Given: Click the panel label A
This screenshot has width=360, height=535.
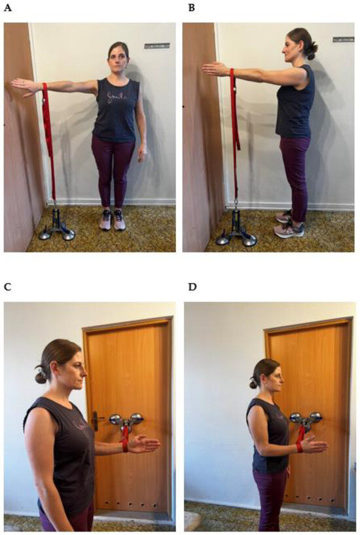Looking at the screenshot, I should (8, 10).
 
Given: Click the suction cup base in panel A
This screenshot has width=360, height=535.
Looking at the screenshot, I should (56, 229).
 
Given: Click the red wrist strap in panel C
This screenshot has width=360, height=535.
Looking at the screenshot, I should (124, 445).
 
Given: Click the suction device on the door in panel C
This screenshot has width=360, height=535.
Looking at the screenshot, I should (126, 420).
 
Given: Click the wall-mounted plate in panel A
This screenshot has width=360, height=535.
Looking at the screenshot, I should (156, 46).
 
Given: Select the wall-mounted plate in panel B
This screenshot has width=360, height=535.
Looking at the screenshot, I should (343, 40).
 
